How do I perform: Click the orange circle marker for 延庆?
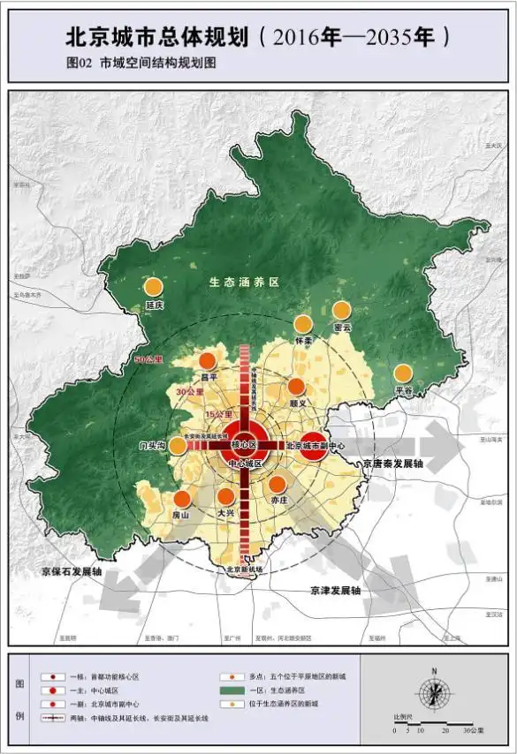point(154,287)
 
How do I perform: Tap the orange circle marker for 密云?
point(341,310)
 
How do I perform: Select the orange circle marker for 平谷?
point(403,373)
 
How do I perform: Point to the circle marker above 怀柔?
point(303,324)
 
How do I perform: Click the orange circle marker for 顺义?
point(296,387)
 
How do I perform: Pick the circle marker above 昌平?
point(207,360)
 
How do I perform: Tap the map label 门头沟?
point(153,446)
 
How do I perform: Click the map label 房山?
point(181,515)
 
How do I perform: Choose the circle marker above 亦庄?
point(278,484)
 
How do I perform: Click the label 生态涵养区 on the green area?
point(244,283)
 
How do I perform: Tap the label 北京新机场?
point(246,569)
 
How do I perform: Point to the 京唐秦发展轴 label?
point(392,463)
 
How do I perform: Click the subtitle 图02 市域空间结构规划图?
point(141,64)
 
